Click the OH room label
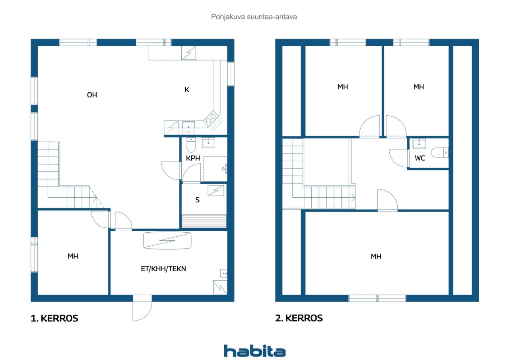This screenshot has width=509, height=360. coord(92,95)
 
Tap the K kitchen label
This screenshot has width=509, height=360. coord(187,90)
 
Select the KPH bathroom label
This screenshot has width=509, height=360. coord(193,158)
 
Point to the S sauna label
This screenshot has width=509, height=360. coord(197,200)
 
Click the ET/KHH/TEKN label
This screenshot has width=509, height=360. coord(163,269)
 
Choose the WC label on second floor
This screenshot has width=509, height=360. coord(420,158)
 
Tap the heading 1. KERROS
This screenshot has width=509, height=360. coord(54,318)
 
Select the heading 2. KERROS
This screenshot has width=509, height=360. coord(299,318)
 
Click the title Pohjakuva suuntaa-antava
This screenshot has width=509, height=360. coord(254,17)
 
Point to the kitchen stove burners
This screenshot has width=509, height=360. coord(213,121)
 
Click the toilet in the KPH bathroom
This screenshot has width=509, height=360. coord(191,145)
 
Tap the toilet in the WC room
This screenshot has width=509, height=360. coord(439,152)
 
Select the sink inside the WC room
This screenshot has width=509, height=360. coord(419,144)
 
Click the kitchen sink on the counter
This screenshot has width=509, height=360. coord(188,127)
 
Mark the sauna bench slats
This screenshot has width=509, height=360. coord(204,221)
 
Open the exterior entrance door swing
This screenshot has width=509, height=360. coord(142,308)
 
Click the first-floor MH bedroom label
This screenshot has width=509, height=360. coord(73,256)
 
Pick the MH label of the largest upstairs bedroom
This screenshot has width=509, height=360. coord(376,256)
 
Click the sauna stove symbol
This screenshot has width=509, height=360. coord(216,190)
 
